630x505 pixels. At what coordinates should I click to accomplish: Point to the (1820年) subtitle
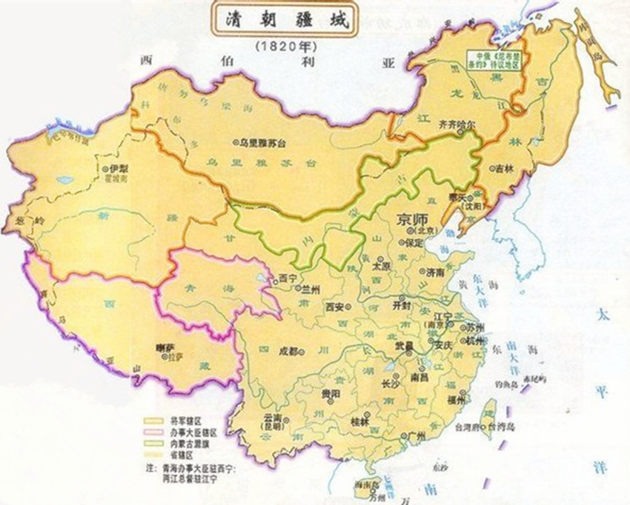(281, 47)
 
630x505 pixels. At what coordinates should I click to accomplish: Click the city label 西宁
(286, 279)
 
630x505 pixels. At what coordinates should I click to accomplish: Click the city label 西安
(336, 304)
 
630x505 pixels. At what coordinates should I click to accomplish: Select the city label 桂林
(361, 421)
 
